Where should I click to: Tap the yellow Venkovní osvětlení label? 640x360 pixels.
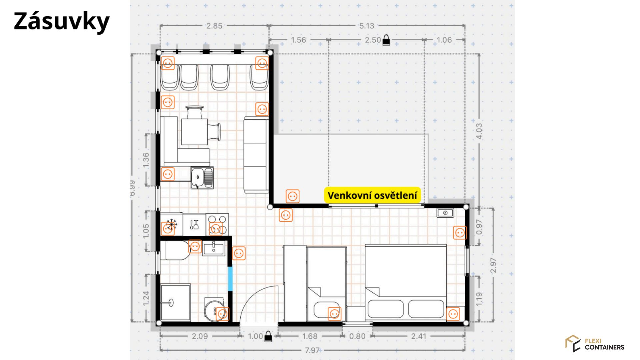[372, 195]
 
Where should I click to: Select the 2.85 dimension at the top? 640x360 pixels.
[214, 26]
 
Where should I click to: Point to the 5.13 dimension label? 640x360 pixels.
[366, 26]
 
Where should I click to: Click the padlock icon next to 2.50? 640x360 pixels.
[386, 40]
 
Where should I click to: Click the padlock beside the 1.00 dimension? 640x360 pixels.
[268, 337]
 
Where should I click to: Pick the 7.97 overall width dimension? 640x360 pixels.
[312, 350]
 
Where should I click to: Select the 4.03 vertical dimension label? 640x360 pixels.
[479, 131]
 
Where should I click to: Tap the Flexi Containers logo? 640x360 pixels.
[595, 344]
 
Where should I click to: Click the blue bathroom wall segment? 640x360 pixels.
[230, 279]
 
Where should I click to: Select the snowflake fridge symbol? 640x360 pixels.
[171, 224]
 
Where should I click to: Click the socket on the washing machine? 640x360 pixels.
[222, 314]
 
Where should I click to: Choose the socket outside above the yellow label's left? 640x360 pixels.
[292, 196]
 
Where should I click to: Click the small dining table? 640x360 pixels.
[194, 132]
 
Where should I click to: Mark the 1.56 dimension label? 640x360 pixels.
[298, 40]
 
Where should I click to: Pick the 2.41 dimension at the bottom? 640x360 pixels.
[419, 336]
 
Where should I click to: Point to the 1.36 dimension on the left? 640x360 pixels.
[146, 160]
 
